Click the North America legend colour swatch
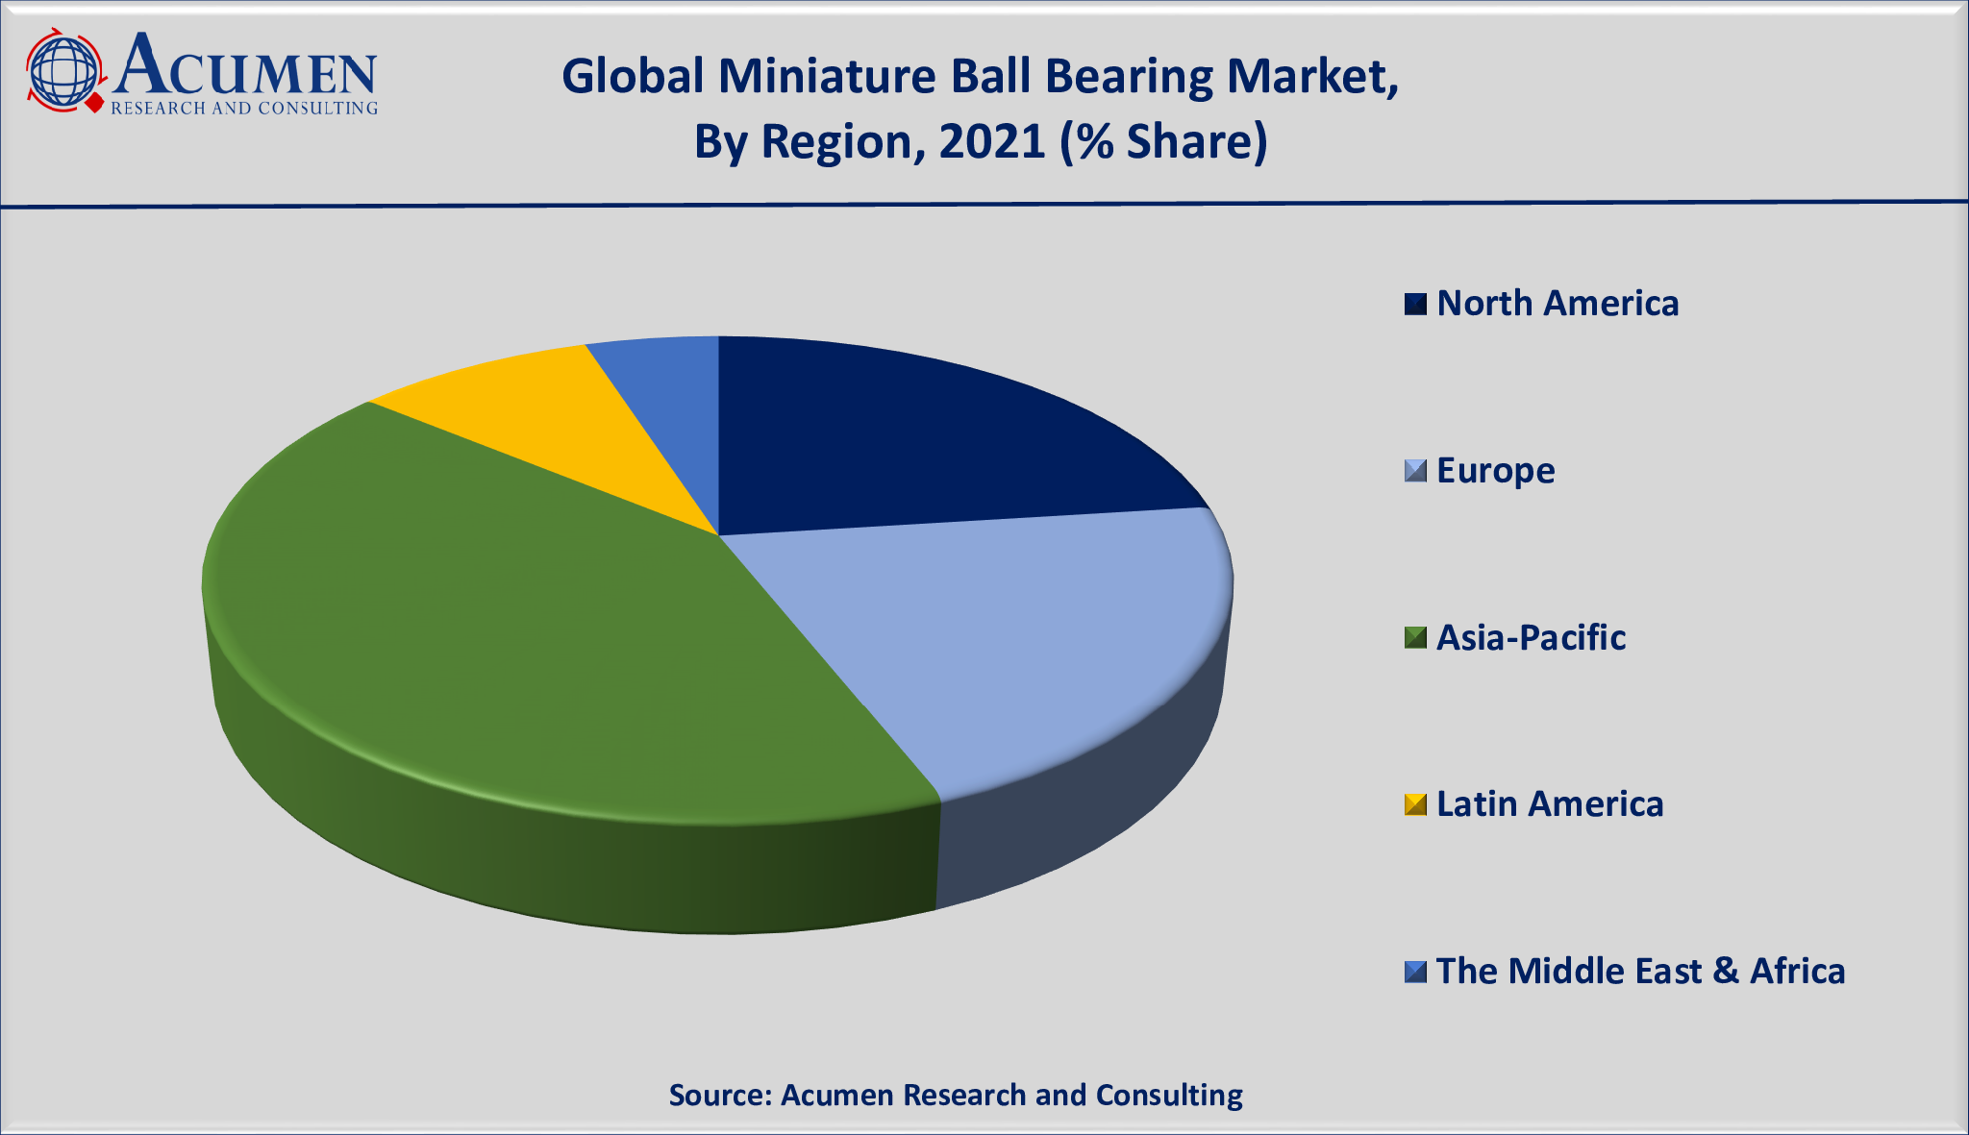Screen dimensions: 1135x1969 1415,304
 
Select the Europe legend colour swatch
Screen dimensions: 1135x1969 1415,471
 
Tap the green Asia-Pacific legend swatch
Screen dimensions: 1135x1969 1415,638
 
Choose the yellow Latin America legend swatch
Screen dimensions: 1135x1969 1415,804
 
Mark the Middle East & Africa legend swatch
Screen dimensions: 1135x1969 1415,972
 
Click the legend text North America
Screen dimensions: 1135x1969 1558,304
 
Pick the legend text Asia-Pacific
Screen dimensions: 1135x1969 1531,638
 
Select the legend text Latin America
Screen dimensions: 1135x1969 1550,804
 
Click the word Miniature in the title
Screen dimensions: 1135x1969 828,76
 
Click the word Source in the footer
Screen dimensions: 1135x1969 718,1095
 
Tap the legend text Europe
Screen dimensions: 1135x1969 1495,471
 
